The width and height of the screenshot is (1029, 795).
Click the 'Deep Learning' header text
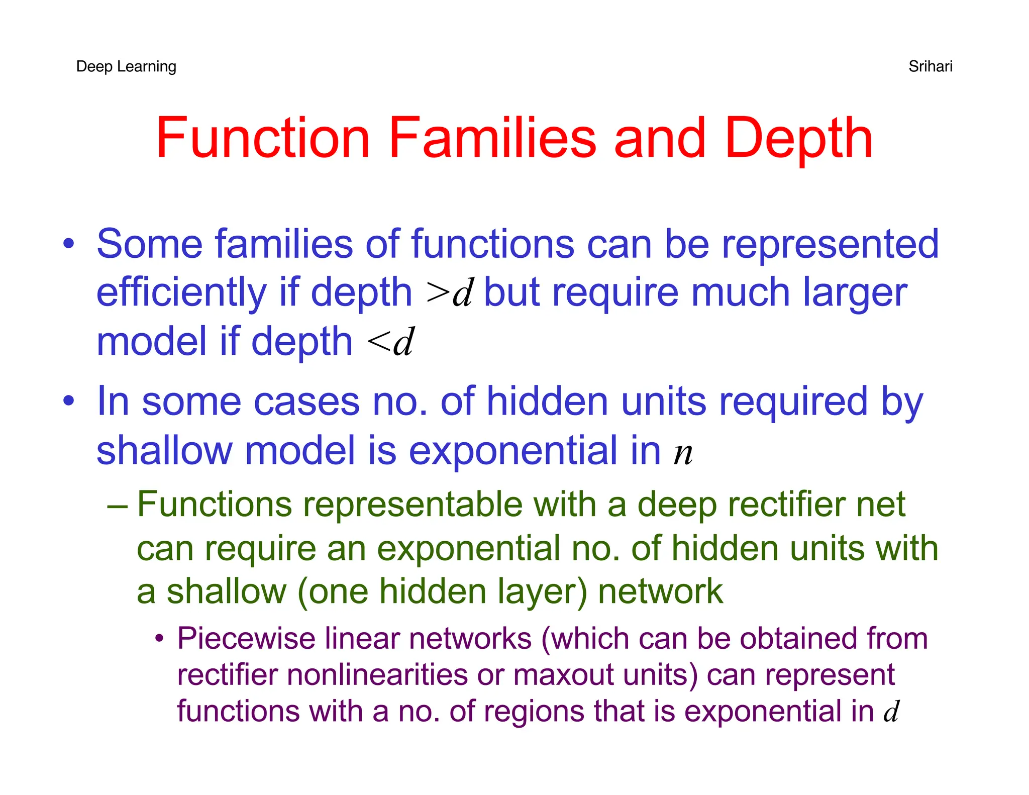[x=126, y=66]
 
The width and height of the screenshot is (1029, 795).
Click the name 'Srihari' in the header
[x=930, y=66]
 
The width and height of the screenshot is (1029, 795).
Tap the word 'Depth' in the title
[x=798, y=139]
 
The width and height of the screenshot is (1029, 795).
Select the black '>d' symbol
[x=449, y=293]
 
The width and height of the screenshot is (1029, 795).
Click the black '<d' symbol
[x=390, y=342]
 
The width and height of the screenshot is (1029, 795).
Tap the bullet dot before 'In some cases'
[x=68, y=401]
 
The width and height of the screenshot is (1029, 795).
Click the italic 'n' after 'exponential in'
[x=683, y=452]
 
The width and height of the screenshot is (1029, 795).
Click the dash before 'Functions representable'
[x=117, y=504]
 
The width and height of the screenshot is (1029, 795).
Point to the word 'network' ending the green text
[x=660, y=591]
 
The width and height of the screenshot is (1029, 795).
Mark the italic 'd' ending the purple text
[x=891, y=712]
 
